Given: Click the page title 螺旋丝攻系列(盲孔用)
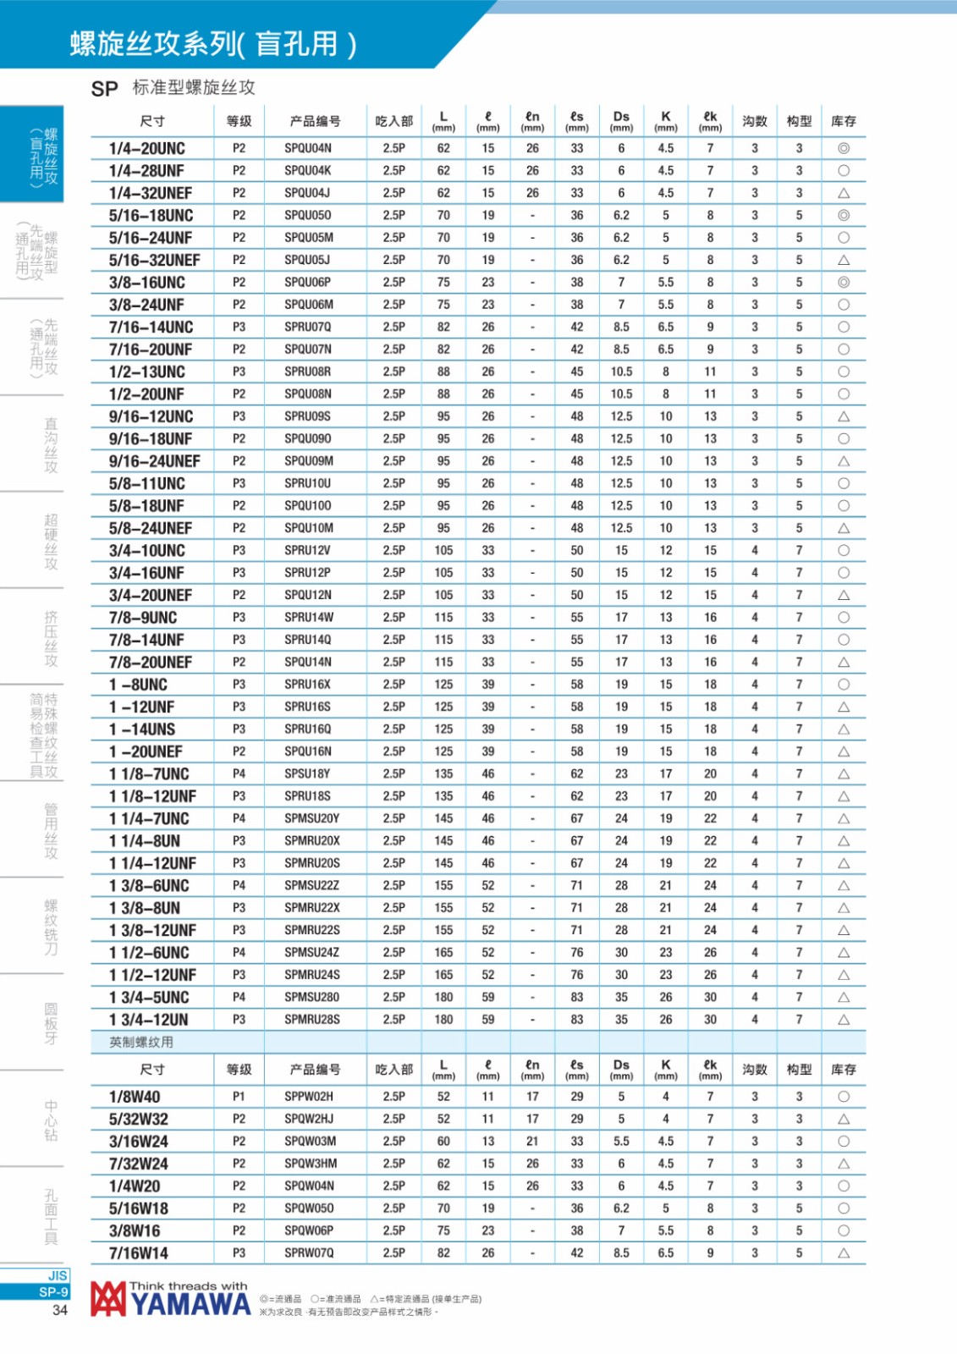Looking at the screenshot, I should tap(213, 44).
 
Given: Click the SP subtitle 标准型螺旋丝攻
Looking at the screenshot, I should tap(194, 87).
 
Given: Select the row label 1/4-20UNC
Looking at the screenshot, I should tap(147, 148).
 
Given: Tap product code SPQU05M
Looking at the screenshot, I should tap(308, 238).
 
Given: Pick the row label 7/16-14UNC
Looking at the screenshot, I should tap(151, 327).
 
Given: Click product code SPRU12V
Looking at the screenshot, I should tap(307, 550).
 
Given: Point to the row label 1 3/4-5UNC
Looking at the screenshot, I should tap(149, 997).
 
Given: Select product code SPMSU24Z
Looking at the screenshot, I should tap(311, 952).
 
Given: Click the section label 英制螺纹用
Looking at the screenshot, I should tap(141, 1042).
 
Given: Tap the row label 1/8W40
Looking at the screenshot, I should tap(134, 1096).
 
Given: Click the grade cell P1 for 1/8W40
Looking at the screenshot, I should tap(239, 1096).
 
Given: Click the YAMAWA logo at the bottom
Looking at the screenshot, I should tap(172, 1299).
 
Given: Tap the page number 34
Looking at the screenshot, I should tap(59, 1310).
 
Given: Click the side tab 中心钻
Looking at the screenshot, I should tap(51, 1120).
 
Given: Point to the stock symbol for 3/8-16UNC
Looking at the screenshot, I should tap(843, 282).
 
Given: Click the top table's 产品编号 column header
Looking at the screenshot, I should tap(315, 121).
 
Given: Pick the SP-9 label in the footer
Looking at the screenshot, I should tap(53, 1292).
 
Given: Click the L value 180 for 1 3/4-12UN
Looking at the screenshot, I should tap(443, 1019).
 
